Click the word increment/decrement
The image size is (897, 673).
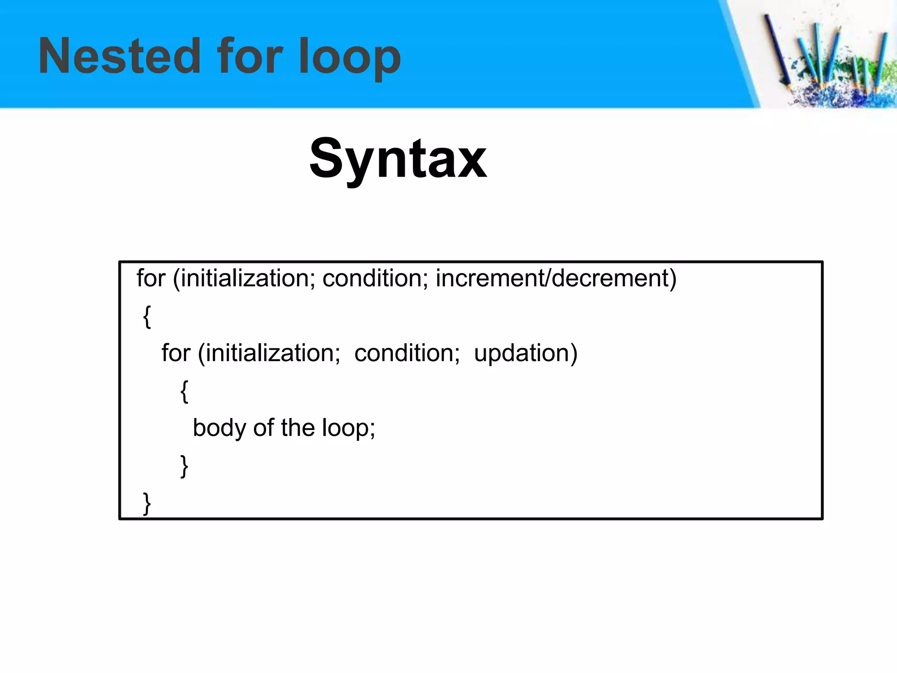click(556, 278)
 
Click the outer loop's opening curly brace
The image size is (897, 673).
click(147, 316)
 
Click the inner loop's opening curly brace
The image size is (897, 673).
click(184, 391)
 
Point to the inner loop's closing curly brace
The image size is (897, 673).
click(184, 466)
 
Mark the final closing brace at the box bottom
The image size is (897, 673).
click(147, 503)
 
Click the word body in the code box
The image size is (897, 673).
click(219, 428)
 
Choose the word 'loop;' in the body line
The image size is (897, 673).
click(349, 428)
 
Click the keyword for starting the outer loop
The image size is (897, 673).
click(151, 278)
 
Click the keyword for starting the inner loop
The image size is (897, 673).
click(176, 353)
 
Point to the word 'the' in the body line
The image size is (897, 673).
click(298, 428)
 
